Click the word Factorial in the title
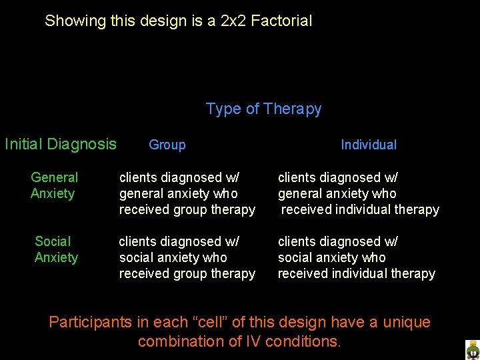pos(282,21)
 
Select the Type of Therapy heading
pos(263,109)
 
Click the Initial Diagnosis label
pos(61,144)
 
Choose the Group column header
pos(167,145)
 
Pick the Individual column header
pos(369,145)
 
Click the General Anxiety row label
pos(54,185)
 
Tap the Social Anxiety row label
pos(56,249)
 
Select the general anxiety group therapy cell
pos(187,193)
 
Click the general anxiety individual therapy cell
pos(358,193)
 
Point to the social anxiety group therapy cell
pos(187,257)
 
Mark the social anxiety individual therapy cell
pos(356,257)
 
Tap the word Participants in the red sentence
pos(91,323)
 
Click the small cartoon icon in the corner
pos(472,350)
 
